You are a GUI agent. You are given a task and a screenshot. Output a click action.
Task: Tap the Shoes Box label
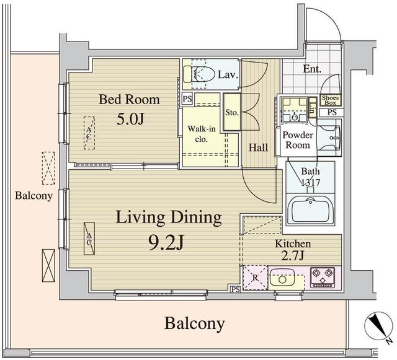pos(331,100)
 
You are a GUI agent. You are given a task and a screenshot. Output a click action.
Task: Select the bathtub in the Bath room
pos(311,209)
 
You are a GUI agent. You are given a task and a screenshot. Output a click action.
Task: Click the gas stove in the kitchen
pos(323,277)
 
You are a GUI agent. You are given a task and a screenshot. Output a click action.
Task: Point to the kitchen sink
pos(282,279)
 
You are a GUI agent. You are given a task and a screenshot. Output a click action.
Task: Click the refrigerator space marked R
pos(255,278)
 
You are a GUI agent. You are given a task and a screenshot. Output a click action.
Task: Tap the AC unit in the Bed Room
pos(89,133)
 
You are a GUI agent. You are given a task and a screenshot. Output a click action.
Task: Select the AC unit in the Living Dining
pos(89,239)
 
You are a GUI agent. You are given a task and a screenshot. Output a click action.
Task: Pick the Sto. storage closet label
pos(232,112)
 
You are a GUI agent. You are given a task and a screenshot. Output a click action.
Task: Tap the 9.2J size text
pos(166,242)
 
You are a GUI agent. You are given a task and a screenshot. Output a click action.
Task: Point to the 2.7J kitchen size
pos(293,256)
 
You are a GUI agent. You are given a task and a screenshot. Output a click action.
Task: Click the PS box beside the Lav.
pos(187,99)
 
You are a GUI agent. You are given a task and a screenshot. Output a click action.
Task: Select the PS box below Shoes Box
pos(332,112)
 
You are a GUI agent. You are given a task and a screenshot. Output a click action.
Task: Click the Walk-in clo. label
pos(202,134)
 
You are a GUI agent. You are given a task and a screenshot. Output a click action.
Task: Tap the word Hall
pos(258,147)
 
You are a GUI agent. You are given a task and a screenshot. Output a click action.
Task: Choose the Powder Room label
pos(297,140)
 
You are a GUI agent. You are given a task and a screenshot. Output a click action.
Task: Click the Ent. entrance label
pos(312,69)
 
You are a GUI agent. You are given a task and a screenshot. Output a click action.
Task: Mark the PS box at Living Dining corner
pos(236,289)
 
